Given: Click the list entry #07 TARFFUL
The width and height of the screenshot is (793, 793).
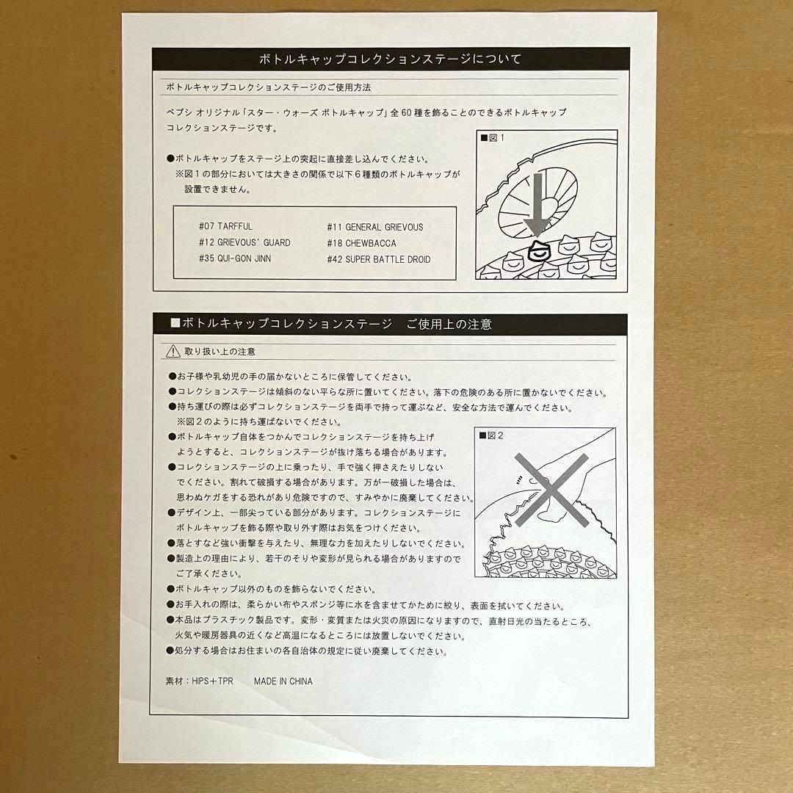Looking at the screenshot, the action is coord(225,226).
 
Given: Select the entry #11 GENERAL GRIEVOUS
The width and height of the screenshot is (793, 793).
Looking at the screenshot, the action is coord(374,227).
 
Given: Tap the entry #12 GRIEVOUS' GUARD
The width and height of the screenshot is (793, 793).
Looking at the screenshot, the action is coord(245,242).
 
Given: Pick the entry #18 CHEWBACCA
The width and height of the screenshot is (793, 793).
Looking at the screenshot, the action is coord(361,243).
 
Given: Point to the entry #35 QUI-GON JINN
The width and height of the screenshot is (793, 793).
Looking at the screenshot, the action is coord(235,258).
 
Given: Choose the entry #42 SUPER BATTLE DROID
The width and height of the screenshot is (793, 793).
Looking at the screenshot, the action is coord(379,259).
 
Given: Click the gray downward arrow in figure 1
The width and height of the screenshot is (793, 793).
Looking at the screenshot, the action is coord(537,205).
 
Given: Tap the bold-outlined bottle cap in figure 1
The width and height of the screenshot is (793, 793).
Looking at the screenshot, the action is coord(540,251).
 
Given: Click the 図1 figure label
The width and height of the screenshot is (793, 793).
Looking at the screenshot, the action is coord(492,137).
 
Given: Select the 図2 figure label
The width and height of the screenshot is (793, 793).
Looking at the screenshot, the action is coord(490,435).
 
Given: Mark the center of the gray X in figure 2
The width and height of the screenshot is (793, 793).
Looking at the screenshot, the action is coord(551,490).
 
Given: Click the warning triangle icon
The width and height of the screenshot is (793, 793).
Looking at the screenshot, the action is coord(173,351).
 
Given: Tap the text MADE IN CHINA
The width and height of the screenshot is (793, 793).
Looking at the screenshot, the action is coord(283,681).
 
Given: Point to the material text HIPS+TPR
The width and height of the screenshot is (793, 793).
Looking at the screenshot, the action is coord(212,681).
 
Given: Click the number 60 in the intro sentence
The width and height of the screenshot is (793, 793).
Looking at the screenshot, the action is coord(407,112).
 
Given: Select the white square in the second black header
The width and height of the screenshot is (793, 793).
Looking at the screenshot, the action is coord(175,322).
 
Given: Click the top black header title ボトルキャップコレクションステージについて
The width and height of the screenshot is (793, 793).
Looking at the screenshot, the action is coord(390,59).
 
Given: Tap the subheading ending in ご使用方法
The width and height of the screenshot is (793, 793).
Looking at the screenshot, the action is coord(269,87).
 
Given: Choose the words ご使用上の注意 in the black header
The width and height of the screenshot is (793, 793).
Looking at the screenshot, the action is coord(449,325).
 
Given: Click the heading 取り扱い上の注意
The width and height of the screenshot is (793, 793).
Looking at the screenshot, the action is coord(220,352).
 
